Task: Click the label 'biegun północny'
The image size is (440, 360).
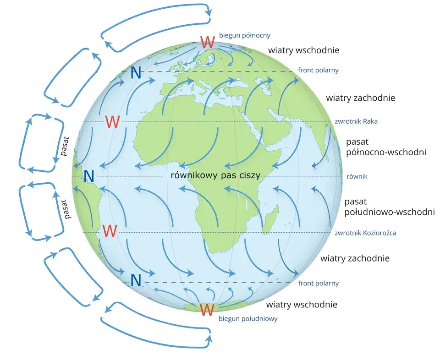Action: pos(244,35)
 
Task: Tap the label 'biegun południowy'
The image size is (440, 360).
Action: pos(248,319)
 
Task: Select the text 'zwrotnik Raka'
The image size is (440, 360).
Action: pos(356,121)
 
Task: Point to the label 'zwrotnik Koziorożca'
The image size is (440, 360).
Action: pos(365,233)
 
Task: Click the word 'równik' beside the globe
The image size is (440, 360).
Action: pos(357,177)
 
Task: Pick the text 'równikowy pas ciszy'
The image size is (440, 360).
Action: pos(215,175)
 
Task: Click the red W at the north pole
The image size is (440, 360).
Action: pos(208,42)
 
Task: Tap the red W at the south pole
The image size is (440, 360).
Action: pos(207,310)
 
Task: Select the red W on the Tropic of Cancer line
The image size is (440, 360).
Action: pos(112,122)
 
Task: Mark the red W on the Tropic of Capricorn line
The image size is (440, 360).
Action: pos(110,231)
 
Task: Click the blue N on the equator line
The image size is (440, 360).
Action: pos(88,176)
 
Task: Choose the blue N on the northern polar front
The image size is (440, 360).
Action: pos(136,73)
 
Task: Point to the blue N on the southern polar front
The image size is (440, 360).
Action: pos(136,280)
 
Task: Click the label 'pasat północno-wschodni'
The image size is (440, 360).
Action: pos(386,147)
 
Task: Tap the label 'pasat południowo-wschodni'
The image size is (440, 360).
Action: pos(390,207)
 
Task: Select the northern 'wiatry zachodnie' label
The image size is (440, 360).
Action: pos(361,98)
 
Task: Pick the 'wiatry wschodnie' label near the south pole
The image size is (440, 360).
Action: pos(302,305)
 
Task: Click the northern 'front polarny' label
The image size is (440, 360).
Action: pos(318,70)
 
